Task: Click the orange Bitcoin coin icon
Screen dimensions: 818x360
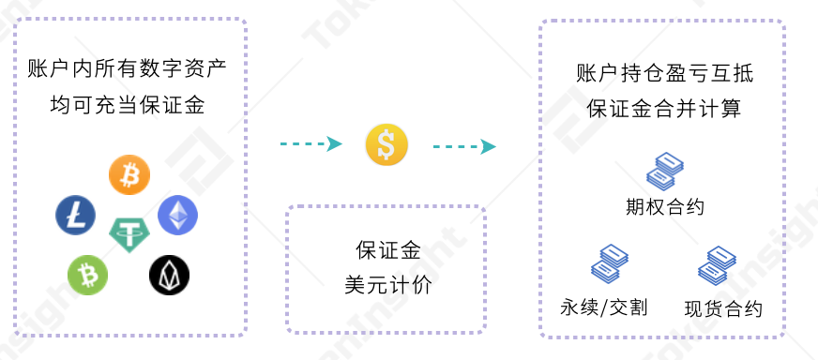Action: point(129,174)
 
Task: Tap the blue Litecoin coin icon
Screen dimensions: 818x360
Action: point(75,215)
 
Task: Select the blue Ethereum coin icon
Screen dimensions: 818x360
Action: point(177,215)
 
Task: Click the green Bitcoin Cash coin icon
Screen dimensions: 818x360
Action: point(87,275)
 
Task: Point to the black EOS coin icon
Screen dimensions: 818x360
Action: point(169,275)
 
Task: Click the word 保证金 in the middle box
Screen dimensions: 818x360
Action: point(386,250)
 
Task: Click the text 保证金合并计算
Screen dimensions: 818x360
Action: point(664,109)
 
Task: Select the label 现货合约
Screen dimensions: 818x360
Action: point(723,308)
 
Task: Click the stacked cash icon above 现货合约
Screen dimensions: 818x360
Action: point(719,265)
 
